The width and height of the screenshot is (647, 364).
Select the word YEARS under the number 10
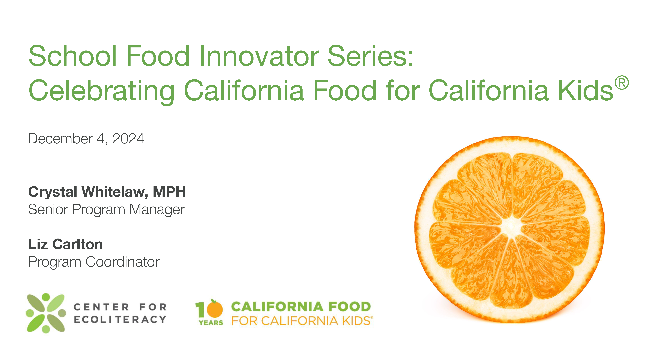(211, 323)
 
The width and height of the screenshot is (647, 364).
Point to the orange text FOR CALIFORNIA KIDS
(301, 321)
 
